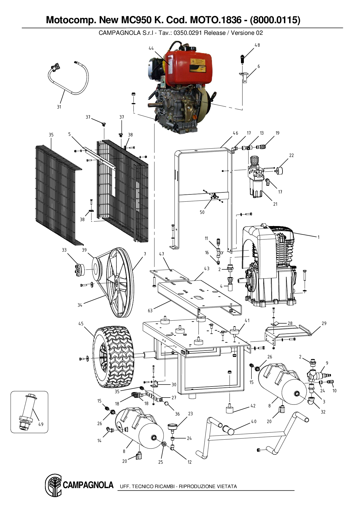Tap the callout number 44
coord(151,48)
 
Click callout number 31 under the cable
coord(59,107)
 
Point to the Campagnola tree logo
coord(53,485)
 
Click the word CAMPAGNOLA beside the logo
coord(88,485)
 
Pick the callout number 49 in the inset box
coord(41,424)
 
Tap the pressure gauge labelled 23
coord(173,427)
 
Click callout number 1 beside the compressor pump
coord(318,237)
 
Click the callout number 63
coord(150,311)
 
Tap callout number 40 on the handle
coord(254,421)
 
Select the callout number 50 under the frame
coord(202,212)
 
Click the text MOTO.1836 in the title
coord(215,20)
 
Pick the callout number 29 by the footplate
coord(324,323)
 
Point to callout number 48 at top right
coord(257,45)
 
